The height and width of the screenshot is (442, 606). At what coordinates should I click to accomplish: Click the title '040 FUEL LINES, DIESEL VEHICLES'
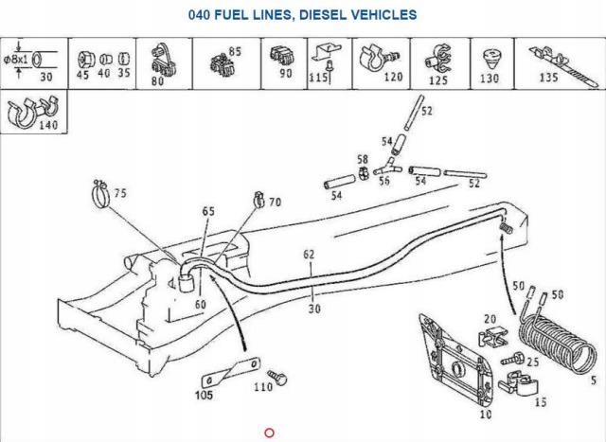click(x=302, y=15)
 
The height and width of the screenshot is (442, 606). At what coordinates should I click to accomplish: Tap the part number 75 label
click(x=118, y=194)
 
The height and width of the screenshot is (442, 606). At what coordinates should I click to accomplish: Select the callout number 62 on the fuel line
click(x=309, y=254)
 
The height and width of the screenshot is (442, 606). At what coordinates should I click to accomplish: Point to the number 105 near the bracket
click(x=205, y=396)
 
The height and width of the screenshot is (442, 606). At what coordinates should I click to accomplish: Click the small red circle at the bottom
click(x=269, y=433)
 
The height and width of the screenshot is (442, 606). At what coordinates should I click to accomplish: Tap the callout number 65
click(x=208, y=210)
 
